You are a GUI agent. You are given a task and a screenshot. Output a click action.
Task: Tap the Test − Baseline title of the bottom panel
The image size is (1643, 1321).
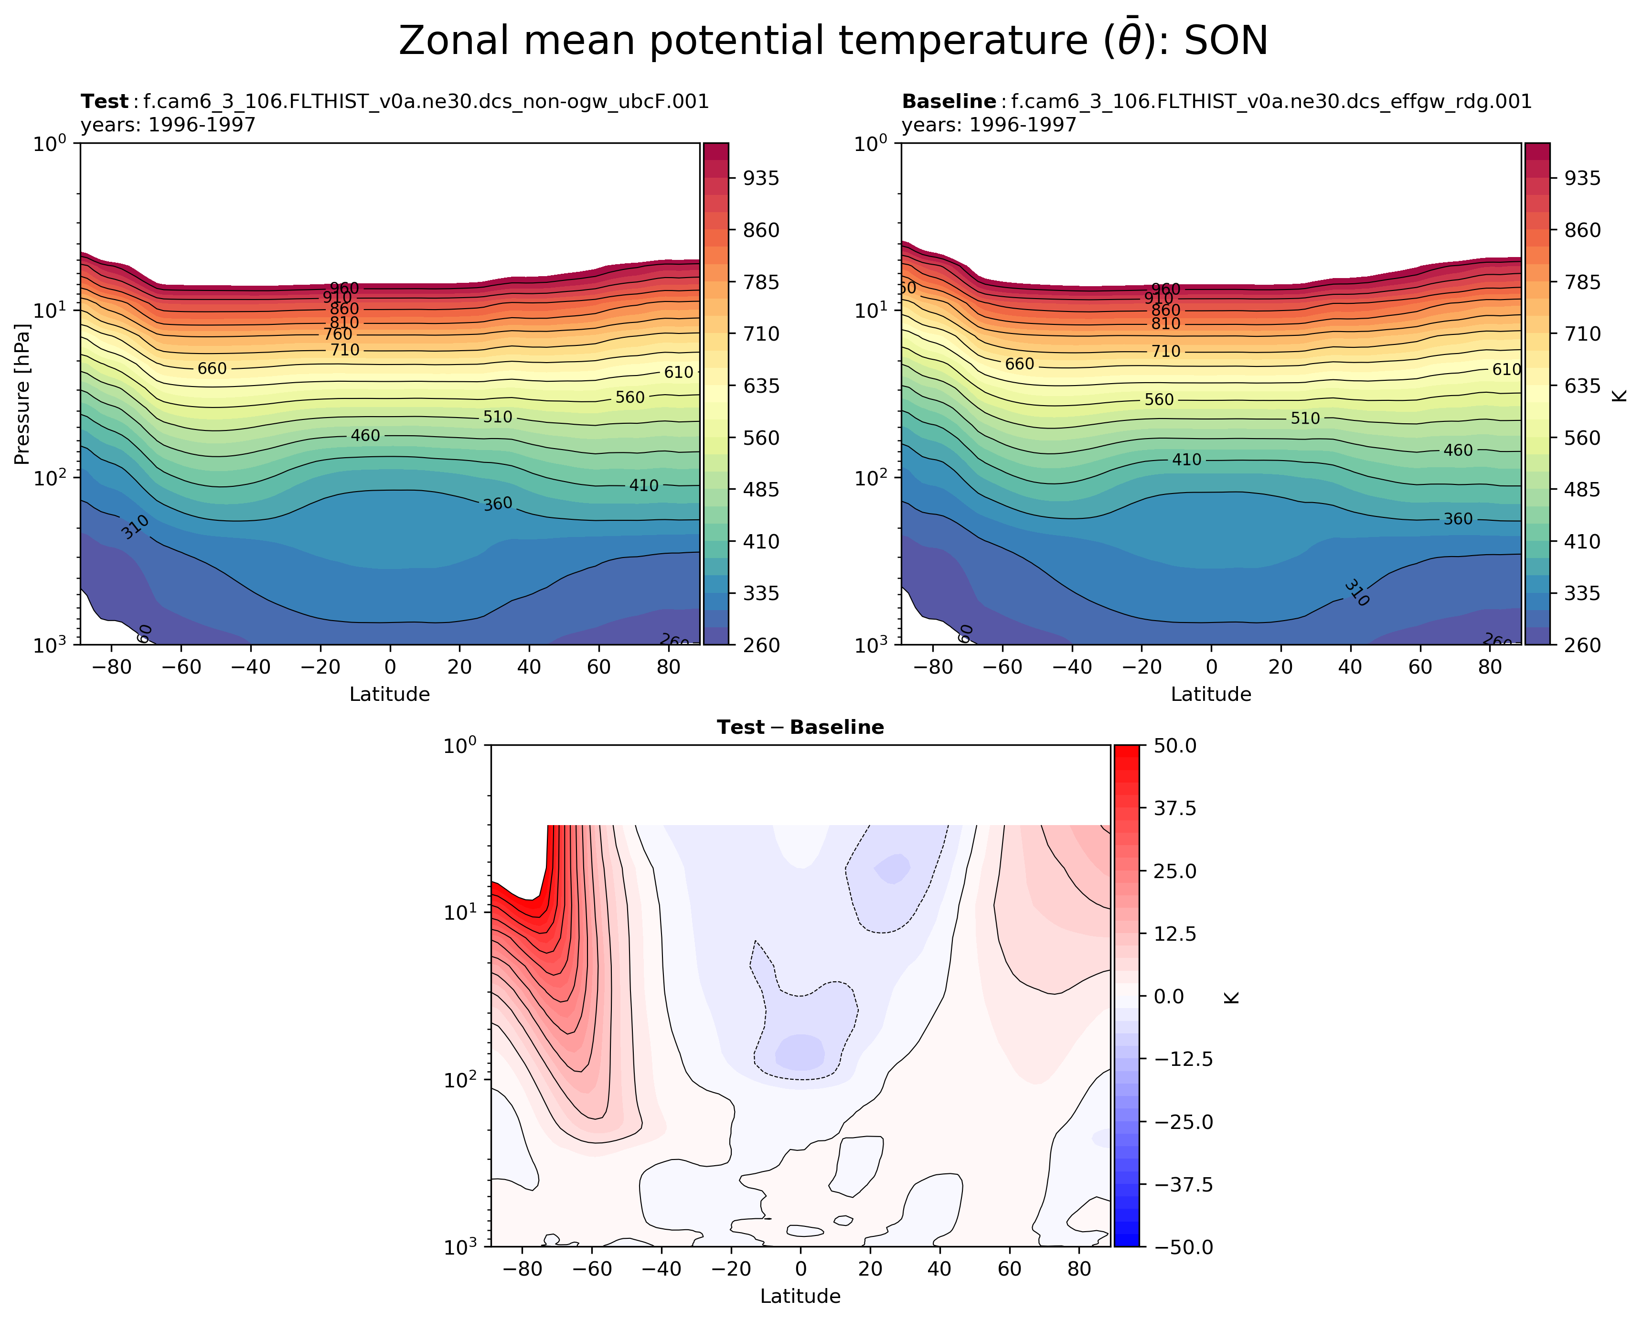(x=800, y=727)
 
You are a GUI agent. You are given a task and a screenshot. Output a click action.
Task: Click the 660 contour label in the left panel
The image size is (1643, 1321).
(x=212, y=369)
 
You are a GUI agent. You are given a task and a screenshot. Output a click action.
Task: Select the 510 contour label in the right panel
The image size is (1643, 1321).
(x=1305, y=419)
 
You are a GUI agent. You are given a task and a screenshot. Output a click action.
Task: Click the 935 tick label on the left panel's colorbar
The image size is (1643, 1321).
(x=761, y=178)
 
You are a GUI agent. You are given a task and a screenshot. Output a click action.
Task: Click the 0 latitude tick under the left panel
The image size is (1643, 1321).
(x=390, y=667)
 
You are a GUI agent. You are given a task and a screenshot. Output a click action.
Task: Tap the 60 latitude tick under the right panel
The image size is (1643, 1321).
(x=1420, y=667)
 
